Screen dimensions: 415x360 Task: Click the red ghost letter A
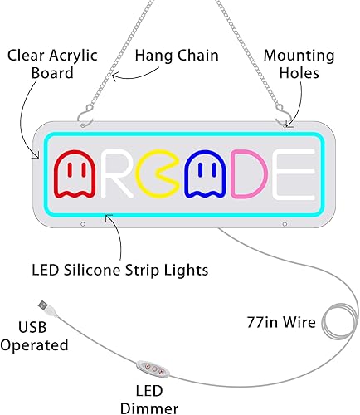pyautogui.click(x=72, y=171)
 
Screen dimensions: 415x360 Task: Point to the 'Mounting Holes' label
pyautogui.click(x=299, y=65)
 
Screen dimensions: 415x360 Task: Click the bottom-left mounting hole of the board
pyautogui.click(x=83, y=222)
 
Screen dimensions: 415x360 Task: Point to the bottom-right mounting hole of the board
pyautogui.click(x=284, y=222)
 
